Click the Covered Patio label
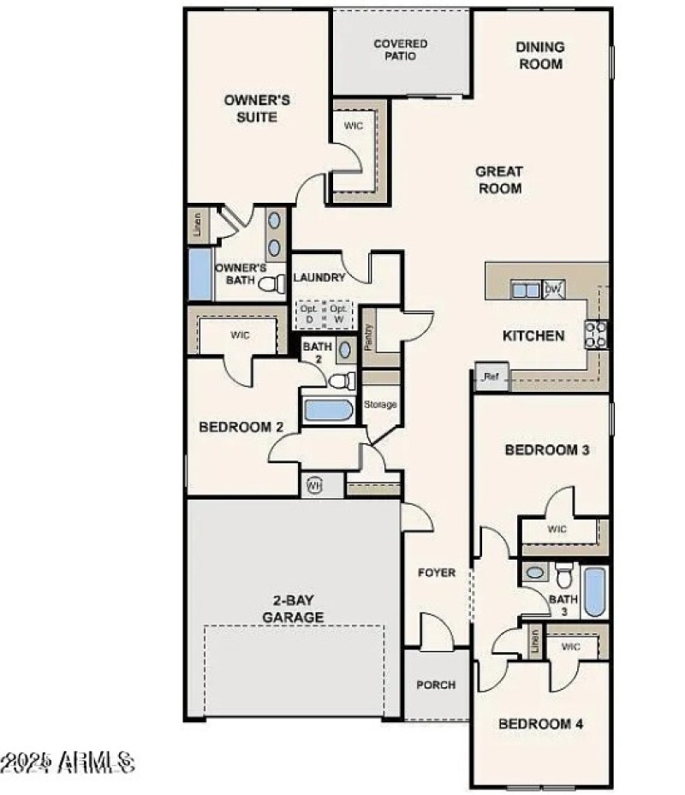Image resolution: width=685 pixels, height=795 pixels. pyautogui.click(x=400, y=50)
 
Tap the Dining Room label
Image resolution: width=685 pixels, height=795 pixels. pyautogui.click(x=539, y=55)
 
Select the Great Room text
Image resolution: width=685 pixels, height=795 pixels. pyautogui.click(x=499, y=180)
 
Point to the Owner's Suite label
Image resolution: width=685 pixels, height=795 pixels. pyautogui.click(x=257, y=108)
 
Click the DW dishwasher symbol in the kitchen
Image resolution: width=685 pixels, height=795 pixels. pyautogui.click(x=553, y=290)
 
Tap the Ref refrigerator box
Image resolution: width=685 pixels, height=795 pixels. pyautogui.click(x=491, y=377)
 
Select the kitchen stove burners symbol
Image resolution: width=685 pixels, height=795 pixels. pyautogui.click(x=595, y=333)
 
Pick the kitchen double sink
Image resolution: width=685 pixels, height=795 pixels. pyautogui.click(x=526, y=290)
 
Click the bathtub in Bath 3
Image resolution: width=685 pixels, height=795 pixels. pyautogui.click(x=593, y=590)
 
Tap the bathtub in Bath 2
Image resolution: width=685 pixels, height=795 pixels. pyautogui.click(x=329, y=409)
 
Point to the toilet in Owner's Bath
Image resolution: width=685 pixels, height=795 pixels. pyautogui.click(x=271, y=284)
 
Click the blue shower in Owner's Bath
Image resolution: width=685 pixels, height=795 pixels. pyautogui.click(x=200, y=274)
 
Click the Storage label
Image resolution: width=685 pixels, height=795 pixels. pyautogui.click(x=380, y=404)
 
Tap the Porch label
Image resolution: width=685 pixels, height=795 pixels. pyautogui.click(x=436, y=685)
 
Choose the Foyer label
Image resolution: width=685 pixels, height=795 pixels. pyautogui.click(x=436, y=573)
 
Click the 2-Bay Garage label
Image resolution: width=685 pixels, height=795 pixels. pyautogui.click(x=293, y=608)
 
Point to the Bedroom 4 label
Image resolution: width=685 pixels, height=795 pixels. pyautogui.click(x=541, y=724)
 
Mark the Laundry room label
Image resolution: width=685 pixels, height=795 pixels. pyautogui.click(x=319, y=277)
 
